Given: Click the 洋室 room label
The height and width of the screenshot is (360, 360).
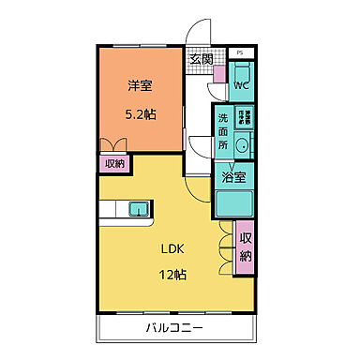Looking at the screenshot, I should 139,85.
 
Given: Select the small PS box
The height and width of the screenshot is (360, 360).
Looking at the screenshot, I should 240,53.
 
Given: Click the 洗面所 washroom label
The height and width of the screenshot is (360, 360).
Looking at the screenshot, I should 223,131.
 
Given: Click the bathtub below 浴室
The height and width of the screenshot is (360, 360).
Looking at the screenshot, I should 236,202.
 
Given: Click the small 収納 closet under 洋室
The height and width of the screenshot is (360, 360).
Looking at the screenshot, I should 114,162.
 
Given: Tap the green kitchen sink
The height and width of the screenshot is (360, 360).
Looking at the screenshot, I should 137,208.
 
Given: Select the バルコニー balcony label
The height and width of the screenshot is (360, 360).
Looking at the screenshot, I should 175,328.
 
